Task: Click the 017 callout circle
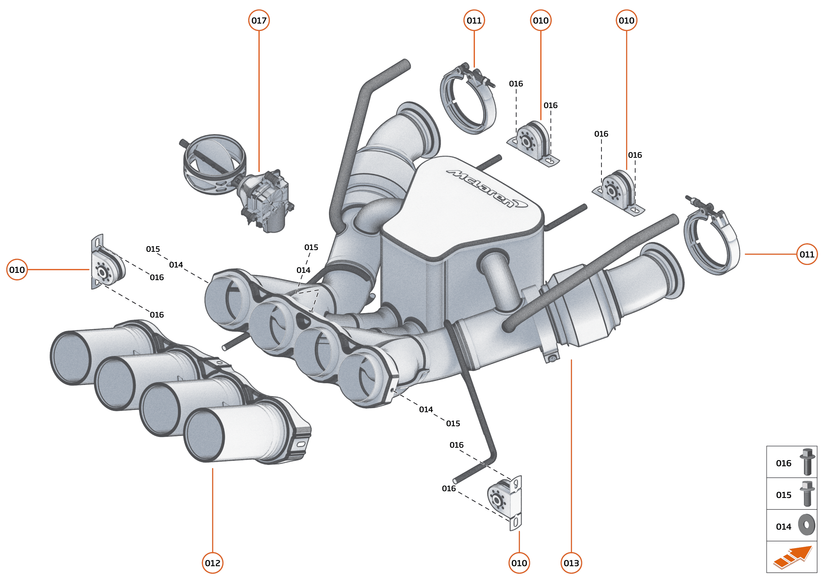pyautogui.click(x=259, y=20)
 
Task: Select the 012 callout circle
pyautogui.click(x=213, y=563)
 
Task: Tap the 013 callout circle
pyautogui.click(x=571, y=563)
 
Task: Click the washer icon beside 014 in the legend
pyautogui.click(x=807, y=525)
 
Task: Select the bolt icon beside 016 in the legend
pyautogui.click(x=807, y=462)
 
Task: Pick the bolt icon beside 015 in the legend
pyautogui.click(x=807, y=494)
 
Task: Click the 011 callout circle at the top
pyautogui.click(x=474, y=20)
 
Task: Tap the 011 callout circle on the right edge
pyautogui.click(x=807, y=254)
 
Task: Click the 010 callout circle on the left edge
pyautogui.click(x=17, y=270)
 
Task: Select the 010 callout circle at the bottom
pyautogui.click(x=519, y=563)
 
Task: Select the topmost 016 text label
pyautogui.click(x=516, y=84)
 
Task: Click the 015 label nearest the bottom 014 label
pyautogui.click(x=453, y=423)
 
